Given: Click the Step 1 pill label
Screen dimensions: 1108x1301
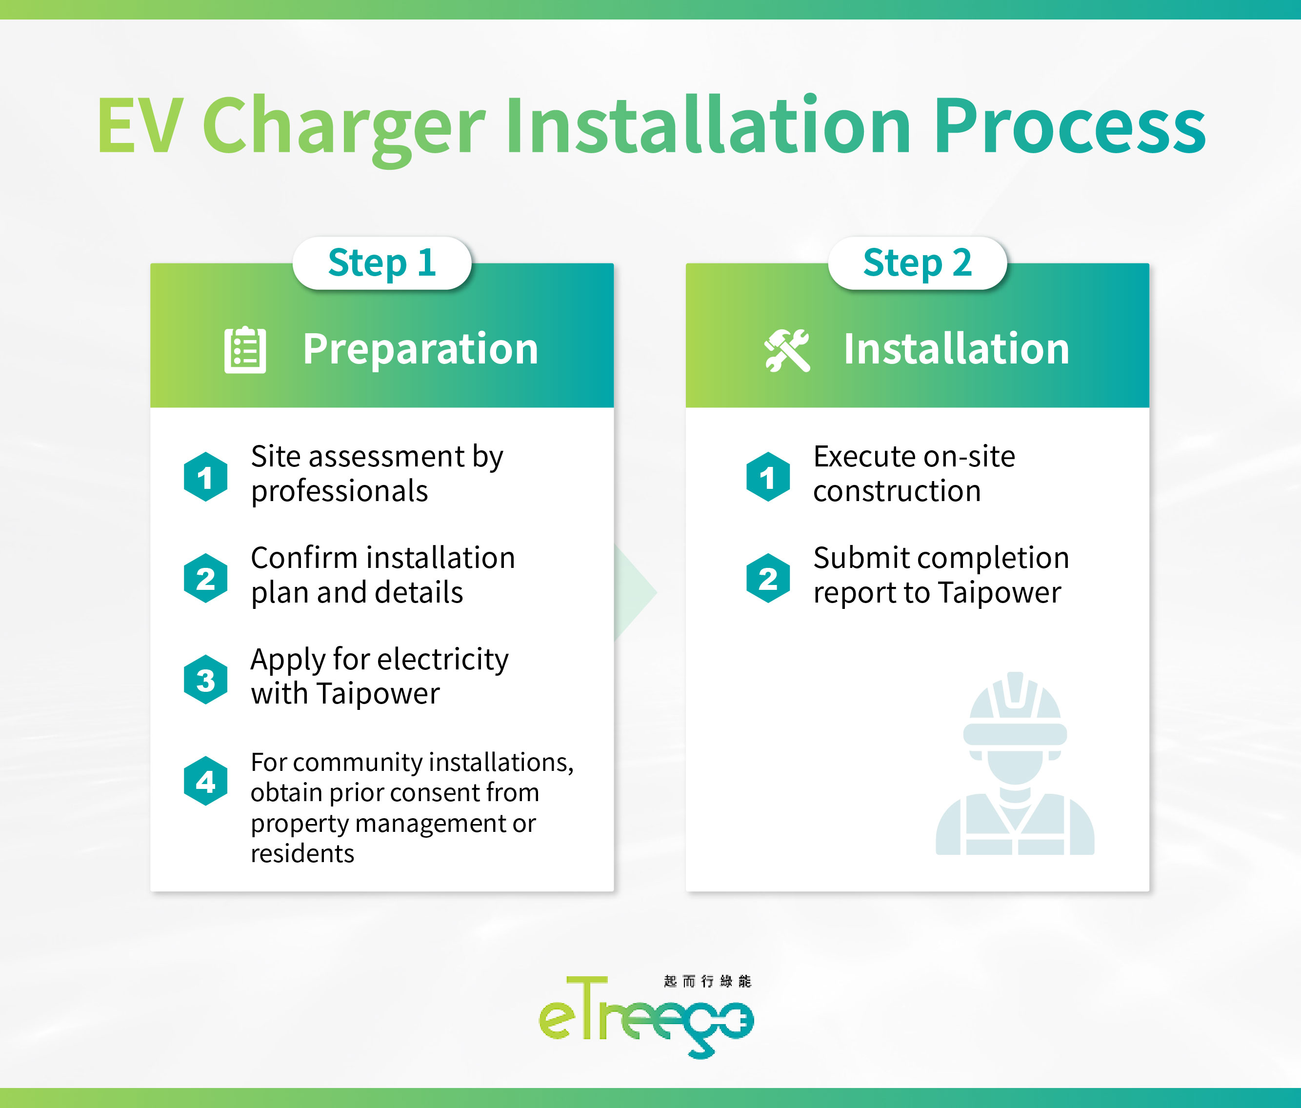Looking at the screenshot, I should click(x=382, y=262).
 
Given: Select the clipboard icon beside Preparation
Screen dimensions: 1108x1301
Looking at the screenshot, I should click(x=245, y=350).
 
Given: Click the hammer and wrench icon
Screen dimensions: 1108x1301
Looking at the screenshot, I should click(x=787, y=350).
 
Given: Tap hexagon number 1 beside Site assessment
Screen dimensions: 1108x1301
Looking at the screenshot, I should click(x=205, y=477).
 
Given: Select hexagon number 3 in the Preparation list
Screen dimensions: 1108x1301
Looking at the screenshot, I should click(x=205, y=680).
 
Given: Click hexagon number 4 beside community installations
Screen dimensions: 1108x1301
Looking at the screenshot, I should click(x=205, y=781).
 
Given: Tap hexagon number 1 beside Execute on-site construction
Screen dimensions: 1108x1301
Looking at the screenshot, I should click(x=768, y=477).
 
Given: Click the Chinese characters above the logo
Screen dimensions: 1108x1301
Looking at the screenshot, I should click(x=707, y=981).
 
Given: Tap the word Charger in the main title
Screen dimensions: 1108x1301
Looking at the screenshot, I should click(x=343, y=125).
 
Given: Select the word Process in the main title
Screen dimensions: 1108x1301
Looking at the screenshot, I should click(x=1069, y=125).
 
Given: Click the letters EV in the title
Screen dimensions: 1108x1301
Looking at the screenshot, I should click(x=140, y=125).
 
